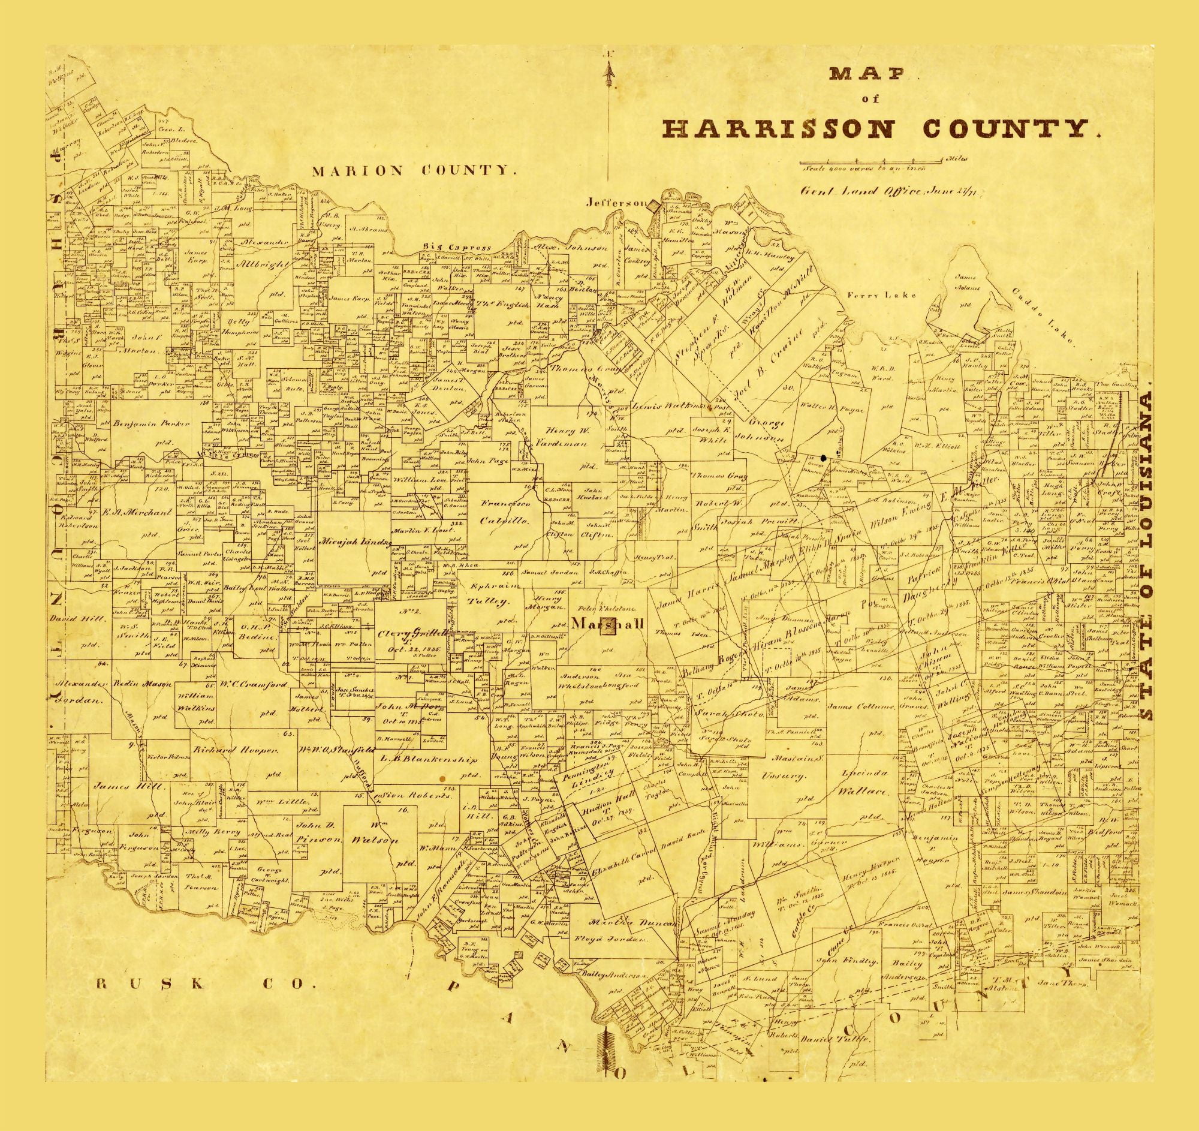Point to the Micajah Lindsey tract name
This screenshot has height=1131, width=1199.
[x=358, y=540]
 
